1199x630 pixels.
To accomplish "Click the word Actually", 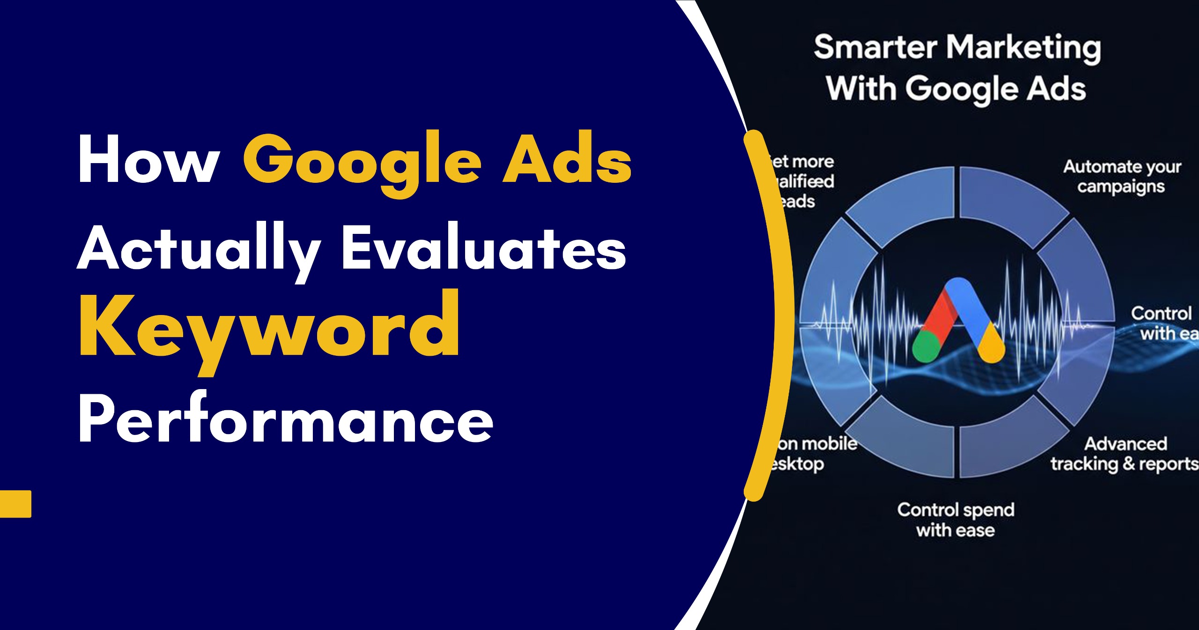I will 200,248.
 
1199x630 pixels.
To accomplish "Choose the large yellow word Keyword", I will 269,328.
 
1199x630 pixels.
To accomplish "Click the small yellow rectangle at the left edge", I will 15,504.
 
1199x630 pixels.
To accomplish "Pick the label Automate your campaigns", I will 1121,176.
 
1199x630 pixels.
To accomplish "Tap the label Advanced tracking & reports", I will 1124,454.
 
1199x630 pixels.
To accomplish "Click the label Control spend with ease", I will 955,519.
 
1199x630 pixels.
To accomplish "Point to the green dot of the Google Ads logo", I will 926,347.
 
